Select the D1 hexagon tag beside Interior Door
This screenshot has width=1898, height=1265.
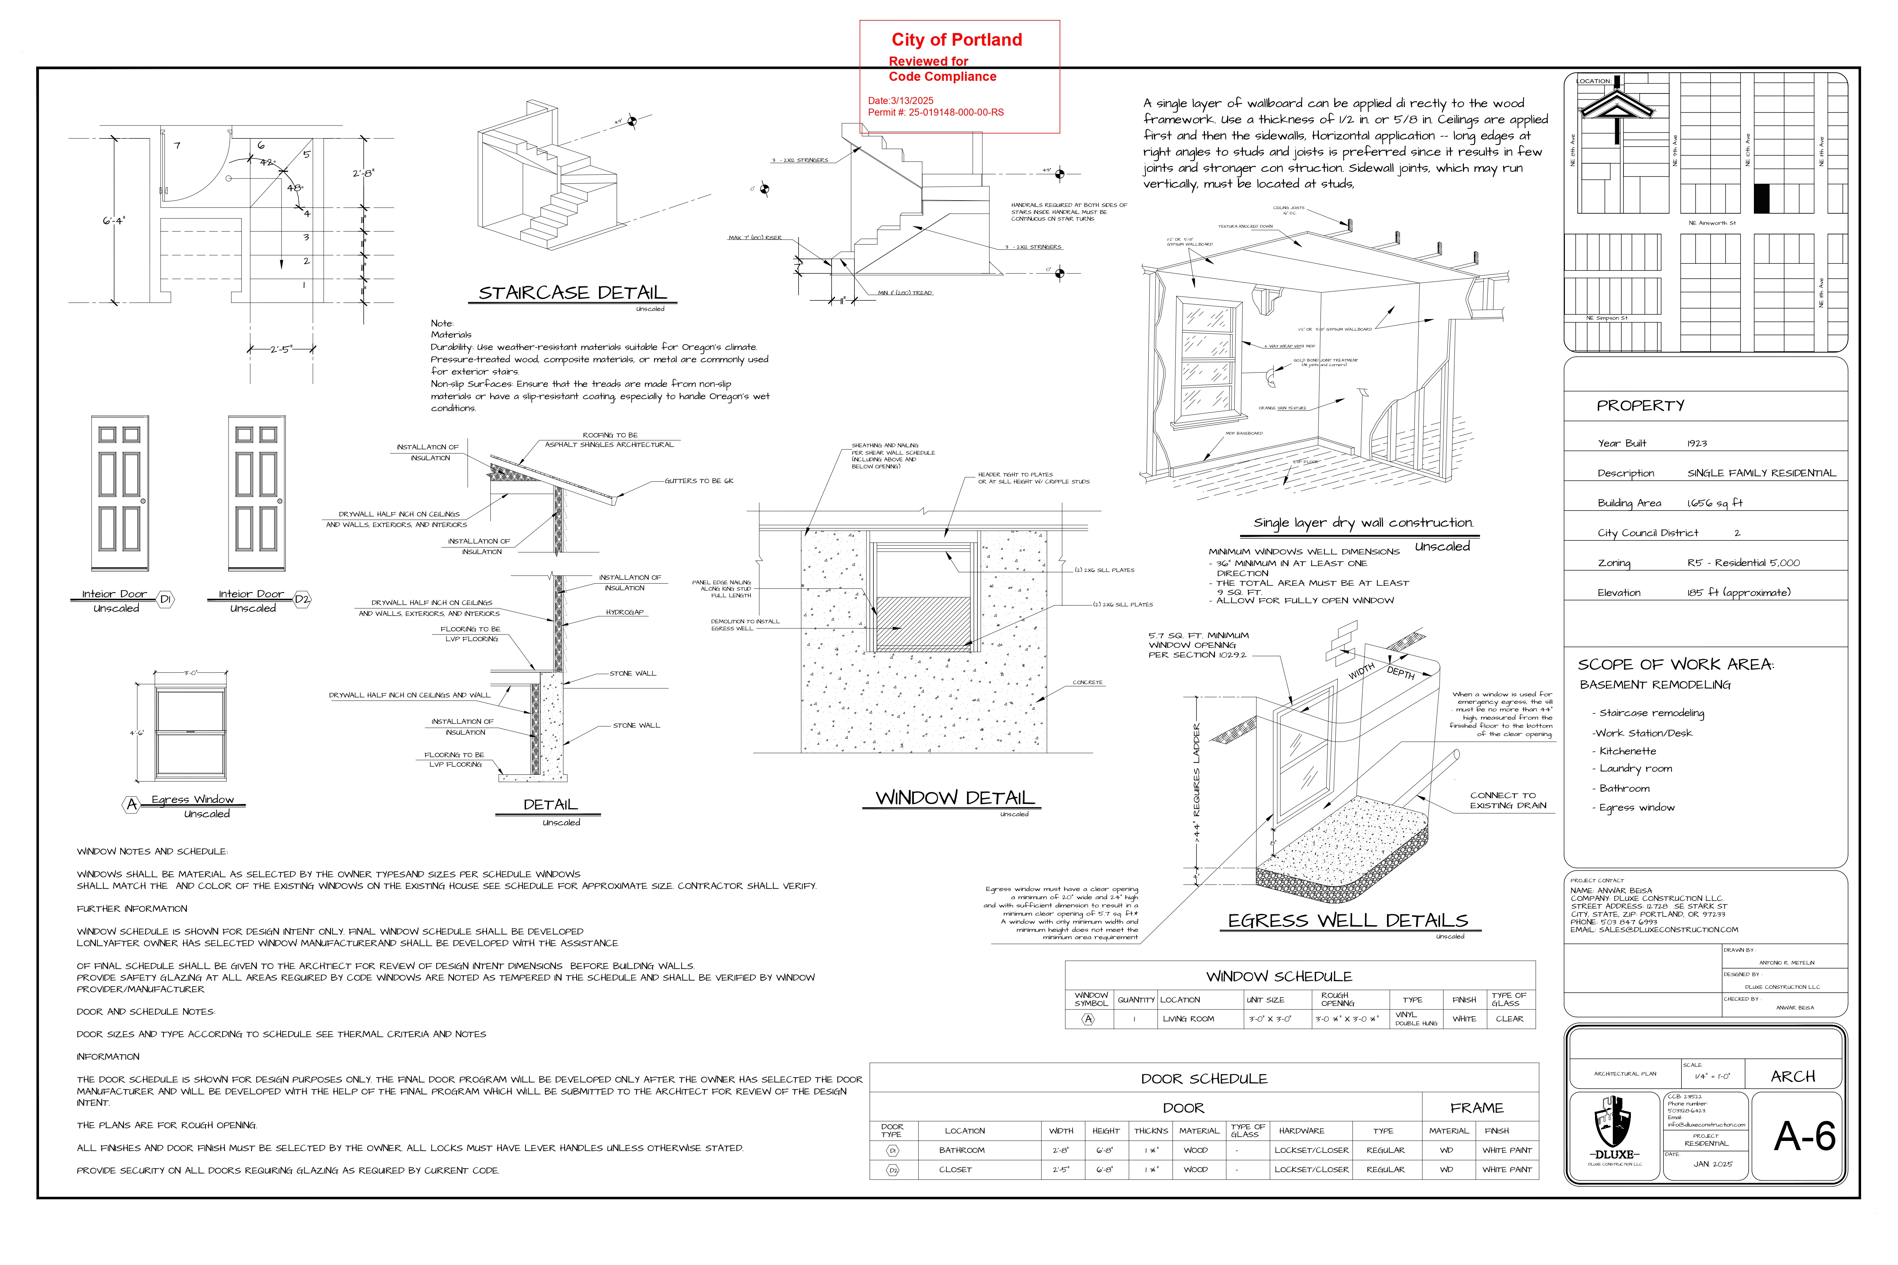tap(166, 599)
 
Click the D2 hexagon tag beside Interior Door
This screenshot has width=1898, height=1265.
tap(302, 599)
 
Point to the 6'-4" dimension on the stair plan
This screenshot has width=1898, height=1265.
tap(114, 220)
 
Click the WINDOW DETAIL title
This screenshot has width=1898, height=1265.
tap(955, 798)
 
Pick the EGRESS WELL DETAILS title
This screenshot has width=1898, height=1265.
tap(1348, 921)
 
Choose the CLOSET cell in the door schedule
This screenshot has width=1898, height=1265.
tap(955, 1170)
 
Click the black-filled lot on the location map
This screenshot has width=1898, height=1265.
tap(1762, 199)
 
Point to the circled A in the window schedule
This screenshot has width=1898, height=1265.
tap(1088, 1019)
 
